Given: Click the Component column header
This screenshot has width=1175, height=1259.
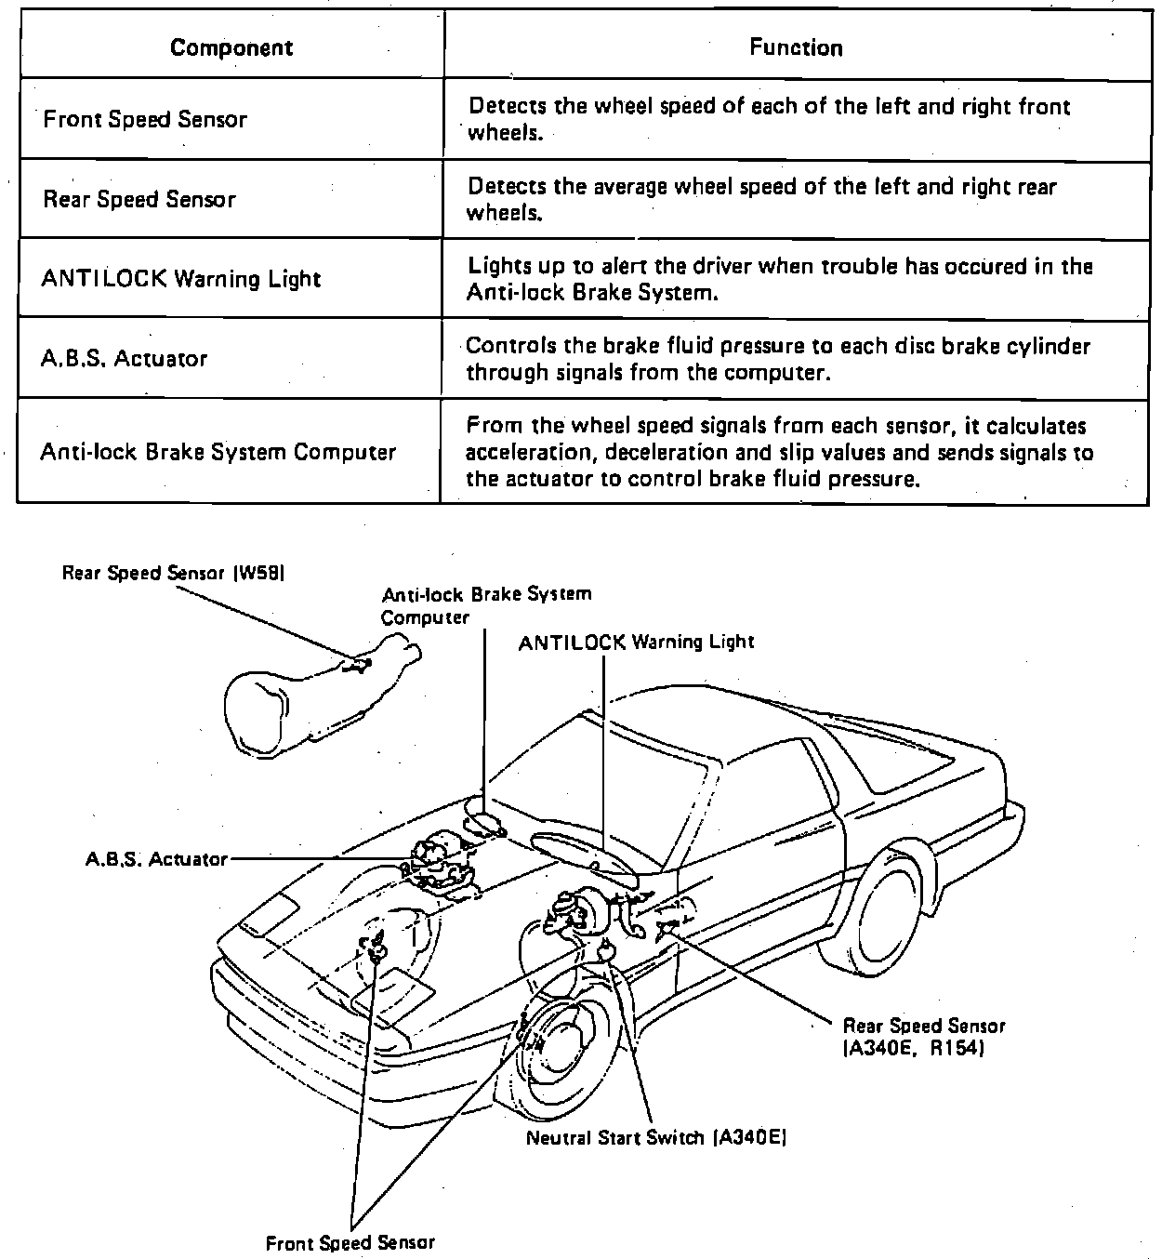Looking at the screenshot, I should [x=231, y=47].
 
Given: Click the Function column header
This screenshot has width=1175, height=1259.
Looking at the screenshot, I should [x=796, y=47].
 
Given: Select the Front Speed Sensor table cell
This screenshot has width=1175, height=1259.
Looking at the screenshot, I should [x=145, y=119].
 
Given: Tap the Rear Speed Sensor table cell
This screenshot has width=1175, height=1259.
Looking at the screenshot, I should [x=139, y=199].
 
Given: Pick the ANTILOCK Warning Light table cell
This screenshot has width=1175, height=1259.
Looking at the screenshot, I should [x=181, y=279].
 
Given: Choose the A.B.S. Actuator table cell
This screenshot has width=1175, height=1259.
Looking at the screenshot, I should [x=124, y=359].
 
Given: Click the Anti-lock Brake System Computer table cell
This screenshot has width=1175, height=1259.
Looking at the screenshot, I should [x=218, y=452].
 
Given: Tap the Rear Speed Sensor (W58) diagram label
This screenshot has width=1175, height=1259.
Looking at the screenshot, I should [x=172, y=573].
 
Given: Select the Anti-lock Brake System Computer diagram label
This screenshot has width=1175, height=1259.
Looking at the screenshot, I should [x=485, y=605].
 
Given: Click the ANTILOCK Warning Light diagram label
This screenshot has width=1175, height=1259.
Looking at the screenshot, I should [x=636, y=642].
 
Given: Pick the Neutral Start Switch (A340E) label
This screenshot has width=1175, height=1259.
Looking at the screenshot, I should [x=656, y=1137].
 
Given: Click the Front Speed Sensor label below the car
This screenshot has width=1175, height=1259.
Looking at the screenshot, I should [x=350, y=1242].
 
